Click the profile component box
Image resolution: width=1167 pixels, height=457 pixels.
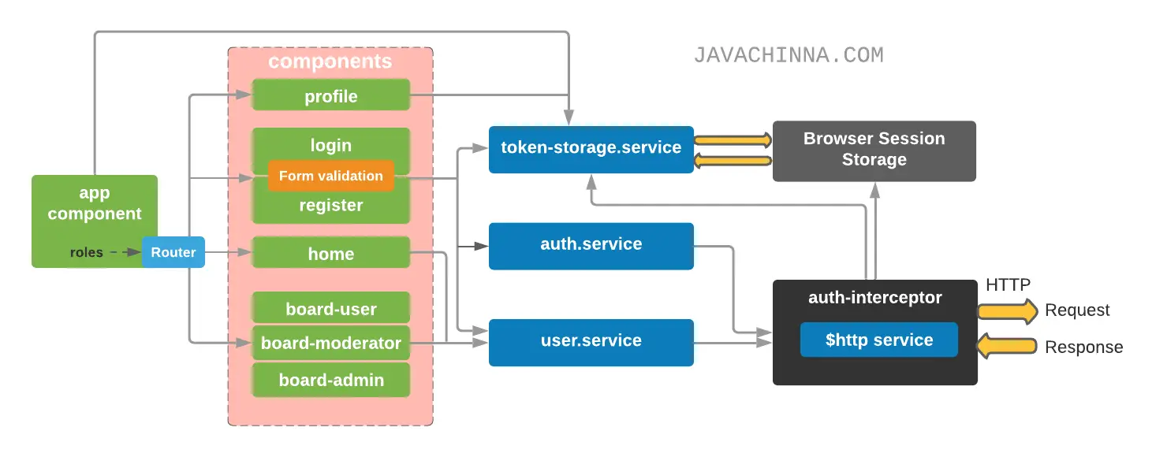[x=331, y=96]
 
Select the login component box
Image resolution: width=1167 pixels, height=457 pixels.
[x=331, y=144]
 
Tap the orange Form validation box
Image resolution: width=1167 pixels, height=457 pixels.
[x=331, y=176]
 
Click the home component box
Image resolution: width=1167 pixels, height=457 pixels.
[x=331, y=253]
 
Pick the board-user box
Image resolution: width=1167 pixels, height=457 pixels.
[x=331, y=308]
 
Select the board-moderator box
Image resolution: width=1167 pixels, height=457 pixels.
[x=331, y=343]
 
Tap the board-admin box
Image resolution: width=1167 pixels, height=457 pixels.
[x=331, y=380]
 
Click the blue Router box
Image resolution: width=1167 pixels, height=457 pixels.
[x=173, y=252]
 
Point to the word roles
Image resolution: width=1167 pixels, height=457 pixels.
[x=87, y=252]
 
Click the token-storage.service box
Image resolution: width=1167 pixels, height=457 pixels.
[x=591, y=148]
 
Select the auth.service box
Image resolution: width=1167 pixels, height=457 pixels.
[x=591, y=245]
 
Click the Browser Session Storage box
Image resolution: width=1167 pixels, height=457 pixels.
[x=874, y=150]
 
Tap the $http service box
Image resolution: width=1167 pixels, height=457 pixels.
[x=878, y=340]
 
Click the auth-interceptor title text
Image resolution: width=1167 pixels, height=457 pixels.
[x=874, y=297]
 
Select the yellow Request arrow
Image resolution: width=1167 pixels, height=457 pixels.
[x=1008, y=310]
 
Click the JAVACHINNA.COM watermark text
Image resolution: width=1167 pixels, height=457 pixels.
[x=789, y=55]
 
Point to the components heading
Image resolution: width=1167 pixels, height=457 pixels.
[x=330, y=61]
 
